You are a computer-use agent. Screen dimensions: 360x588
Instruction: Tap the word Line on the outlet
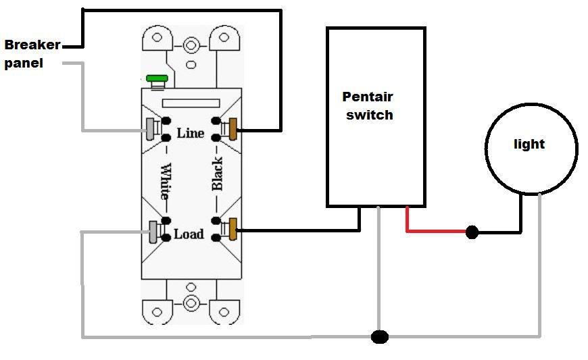pyautogui.click(x=190, y=133)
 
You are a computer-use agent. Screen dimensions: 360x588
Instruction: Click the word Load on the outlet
pyautogui.click(x=189, y=234)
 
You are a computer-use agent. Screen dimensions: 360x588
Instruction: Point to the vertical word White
pyautogui.click(x=165, y=181)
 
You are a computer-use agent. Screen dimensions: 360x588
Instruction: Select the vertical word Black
pyautogui.click(x=217, y=174)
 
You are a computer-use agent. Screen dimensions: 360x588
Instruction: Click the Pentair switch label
pyautogui.click(x=368, y=106)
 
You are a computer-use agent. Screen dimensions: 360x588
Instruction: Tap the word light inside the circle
pyautogui.click(x=529, y=144)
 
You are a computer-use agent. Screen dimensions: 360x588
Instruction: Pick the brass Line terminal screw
pyautogui.click(x=234, y=128)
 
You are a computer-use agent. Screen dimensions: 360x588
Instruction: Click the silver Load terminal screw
pyautogui.click(x=153, y=232)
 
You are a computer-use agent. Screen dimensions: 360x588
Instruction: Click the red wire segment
pyautogui.click(x=433, y=231)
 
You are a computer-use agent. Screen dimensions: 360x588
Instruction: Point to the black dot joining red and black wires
pyautogui.click(x=472, y=232)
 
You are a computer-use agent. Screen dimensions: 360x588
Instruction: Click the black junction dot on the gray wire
pyautogui.click(x=380, y=336)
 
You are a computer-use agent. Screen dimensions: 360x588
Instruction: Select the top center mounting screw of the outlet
pyautogui.click(x=191, y=47)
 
